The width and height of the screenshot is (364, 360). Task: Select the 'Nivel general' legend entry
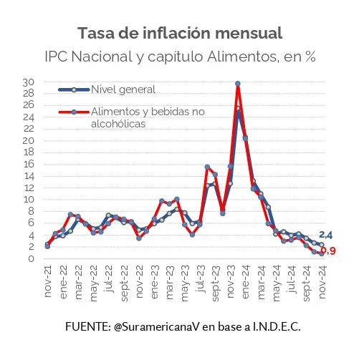[x=123, y=89]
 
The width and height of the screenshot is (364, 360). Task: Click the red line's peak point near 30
[x=237, y=84]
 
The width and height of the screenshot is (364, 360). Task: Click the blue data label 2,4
[x=326, y=235]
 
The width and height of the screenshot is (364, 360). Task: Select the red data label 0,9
[x=329, y=250]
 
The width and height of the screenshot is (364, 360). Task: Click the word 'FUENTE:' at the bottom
[x=87, y=326]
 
